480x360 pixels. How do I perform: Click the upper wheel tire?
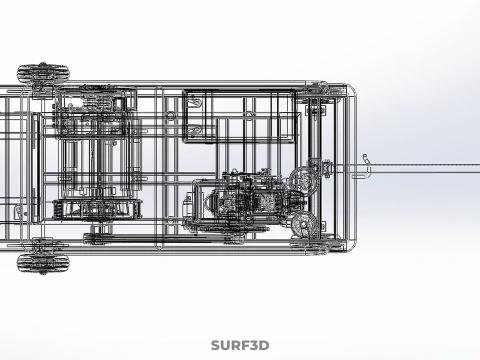[43, 73]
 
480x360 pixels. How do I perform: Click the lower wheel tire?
[43, 263]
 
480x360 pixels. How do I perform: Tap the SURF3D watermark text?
[240, 345]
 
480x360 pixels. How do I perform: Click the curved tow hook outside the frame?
[368, 167]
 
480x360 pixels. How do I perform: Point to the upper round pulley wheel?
[303, 181]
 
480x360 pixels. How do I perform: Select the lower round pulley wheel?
[304, 225]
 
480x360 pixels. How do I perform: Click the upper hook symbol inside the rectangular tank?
[196, 101]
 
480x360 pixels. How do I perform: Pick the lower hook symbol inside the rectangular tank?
[196, 131]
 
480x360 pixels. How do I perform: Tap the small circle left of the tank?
[171, 116]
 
